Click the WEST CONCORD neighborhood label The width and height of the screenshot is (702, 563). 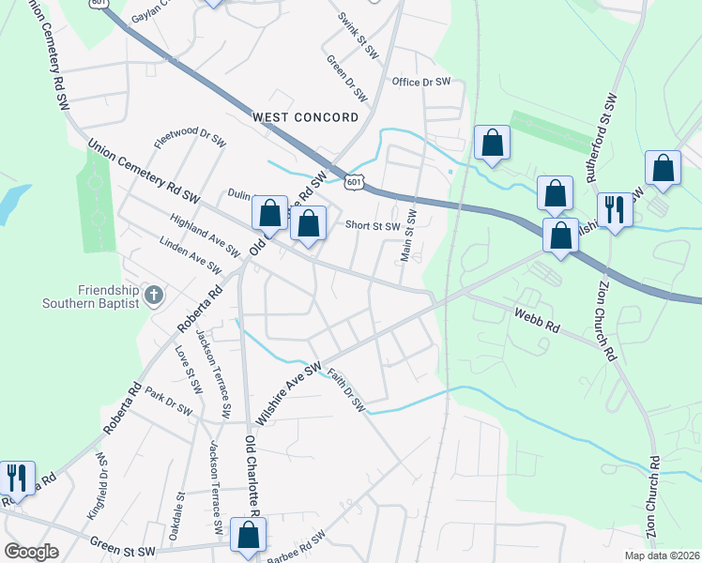pyautogui.click(x=306, y=117)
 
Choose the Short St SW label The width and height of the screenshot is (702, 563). pyautogui.click(x=373, y=225)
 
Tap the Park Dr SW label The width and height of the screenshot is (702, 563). pyautogui.click(x=167, y=404)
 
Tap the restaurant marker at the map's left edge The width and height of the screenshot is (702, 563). pyautogui.click(x=17, y=480)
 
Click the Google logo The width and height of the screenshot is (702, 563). pyautogui.click(x=31, y=552)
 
